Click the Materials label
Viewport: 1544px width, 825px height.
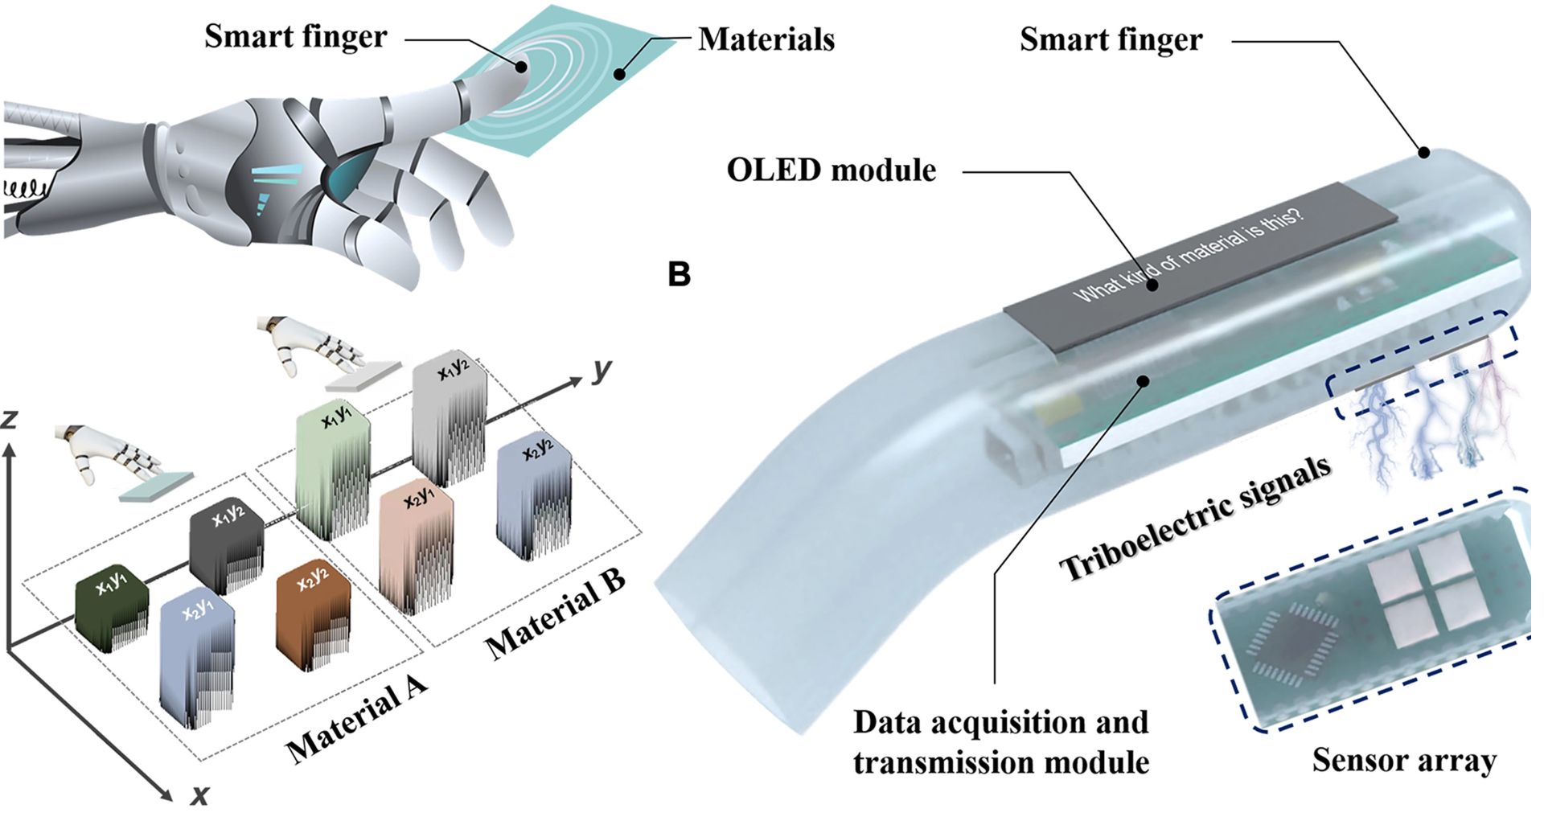click(x=766, y=39)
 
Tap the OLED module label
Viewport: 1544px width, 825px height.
click(x=832, y=170)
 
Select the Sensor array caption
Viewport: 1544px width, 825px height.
click(x=1404, y=760)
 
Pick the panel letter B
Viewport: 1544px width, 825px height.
click(x=680, y=275)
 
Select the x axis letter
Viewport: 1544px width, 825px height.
click(x=199, y=795)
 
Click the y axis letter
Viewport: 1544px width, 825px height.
click(x=602, y=370)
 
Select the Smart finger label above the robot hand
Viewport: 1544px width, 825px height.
click(x=295, y=37)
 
